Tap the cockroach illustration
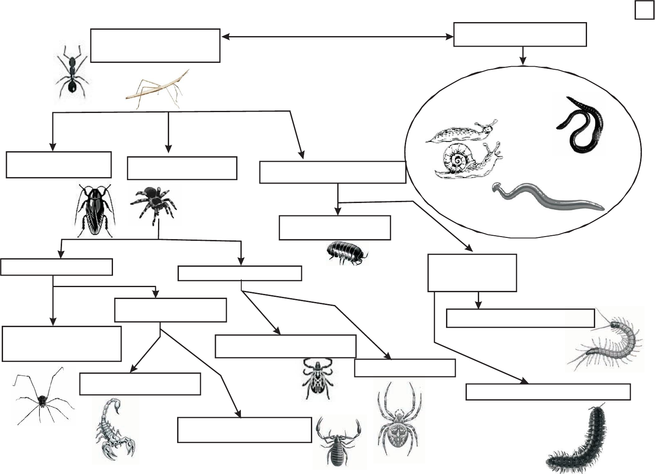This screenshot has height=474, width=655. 94,210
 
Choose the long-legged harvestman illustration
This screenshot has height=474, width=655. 42,397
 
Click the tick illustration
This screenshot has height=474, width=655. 315,378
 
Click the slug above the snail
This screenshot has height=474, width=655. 461,132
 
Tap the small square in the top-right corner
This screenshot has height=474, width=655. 644,11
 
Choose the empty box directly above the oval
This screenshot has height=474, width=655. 520,34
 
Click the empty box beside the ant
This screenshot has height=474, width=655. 155,45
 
